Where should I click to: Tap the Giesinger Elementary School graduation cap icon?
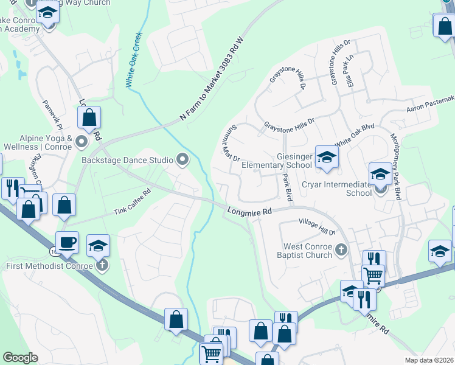tap(327, 157)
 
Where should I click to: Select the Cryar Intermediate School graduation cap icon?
tap(380, 174)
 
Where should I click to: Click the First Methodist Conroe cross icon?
tap(102, 265)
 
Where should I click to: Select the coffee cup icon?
tap(67, 242)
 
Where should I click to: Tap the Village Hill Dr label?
tap(316, 227)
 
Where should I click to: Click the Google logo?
tap(20, 357)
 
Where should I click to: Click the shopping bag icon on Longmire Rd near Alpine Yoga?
tap(89, 118)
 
